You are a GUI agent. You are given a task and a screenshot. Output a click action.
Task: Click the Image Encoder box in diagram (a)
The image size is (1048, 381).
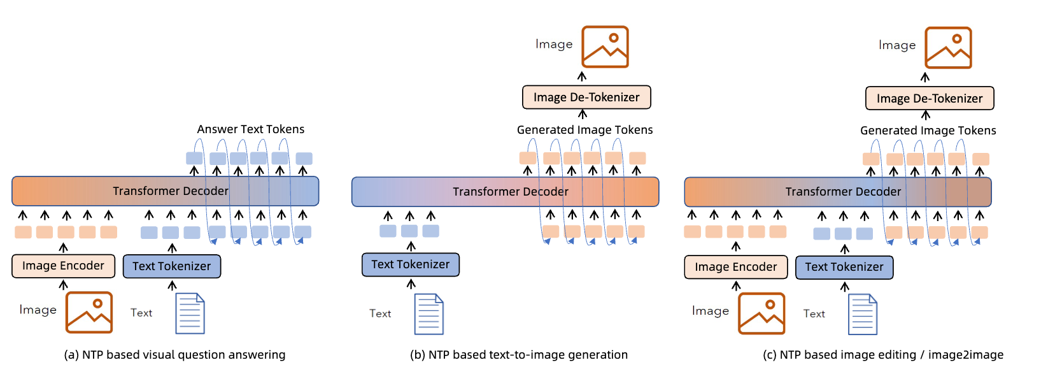(x=63, y=266)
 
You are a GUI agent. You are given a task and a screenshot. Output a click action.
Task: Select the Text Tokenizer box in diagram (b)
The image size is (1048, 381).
(x=411, y=264)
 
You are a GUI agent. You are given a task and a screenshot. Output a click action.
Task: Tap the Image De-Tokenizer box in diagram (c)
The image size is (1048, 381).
(x=930, y=99)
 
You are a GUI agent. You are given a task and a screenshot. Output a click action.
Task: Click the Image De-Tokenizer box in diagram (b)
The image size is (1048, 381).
(x=586, y=97)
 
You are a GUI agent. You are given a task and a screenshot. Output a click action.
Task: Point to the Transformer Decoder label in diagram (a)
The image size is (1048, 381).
(x=170, y=191)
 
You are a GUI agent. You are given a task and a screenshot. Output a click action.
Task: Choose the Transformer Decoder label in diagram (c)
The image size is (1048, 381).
(x=843, y=192)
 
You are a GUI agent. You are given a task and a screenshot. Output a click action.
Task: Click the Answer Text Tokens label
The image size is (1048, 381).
(x=250, y=129)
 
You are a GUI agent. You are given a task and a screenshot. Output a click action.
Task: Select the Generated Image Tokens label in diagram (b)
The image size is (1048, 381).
(x=584, y=130)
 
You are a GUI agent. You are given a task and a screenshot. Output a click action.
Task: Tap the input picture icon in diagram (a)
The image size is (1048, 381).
(x=89, y=312)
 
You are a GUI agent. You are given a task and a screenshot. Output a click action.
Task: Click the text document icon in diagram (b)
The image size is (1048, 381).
(x=429, y=314)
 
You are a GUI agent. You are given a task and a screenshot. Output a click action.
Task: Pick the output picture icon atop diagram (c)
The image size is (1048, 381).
(x=948, y=48)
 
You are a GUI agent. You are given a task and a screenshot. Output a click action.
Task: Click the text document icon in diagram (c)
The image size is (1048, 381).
(x=863, y=314)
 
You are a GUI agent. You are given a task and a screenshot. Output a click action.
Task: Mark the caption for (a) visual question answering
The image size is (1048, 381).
(x=174, y=355)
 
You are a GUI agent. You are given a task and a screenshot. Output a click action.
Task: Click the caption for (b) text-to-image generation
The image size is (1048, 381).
(x=519, y=355)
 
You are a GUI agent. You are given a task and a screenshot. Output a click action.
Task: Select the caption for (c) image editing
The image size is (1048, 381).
(x=883, y=355)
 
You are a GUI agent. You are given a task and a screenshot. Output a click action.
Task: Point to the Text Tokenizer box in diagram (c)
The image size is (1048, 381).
(x=844, y=267)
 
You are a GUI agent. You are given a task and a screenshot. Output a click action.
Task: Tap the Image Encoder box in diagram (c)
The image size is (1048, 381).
(x=735, y=267)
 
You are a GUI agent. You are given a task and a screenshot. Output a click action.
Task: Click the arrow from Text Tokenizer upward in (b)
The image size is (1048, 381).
(x=411, y=246)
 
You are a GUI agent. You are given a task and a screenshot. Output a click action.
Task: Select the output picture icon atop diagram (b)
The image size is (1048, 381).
(x=605, y=47)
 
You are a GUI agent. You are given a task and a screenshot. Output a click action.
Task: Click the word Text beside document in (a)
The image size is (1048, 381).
(x=141, y=313)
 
